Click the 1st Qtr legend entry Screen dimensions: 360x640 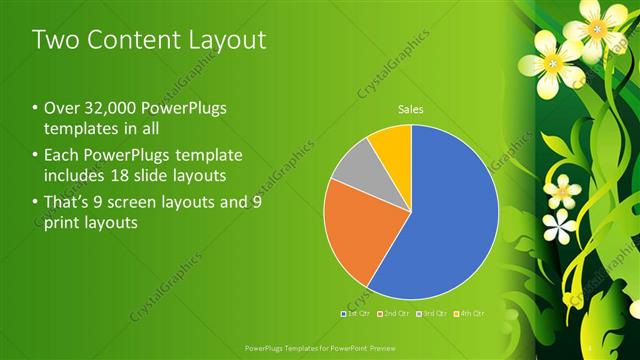(358, 314)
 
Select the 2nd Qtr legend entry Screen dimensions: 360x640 (398, 314)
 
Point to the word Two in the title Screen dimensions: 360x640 (57, 40)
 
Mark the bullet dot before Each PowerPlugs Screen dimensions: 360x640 (36, 156)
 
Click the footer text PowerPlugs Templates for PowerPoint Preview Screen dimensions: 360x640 (319, 348)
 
